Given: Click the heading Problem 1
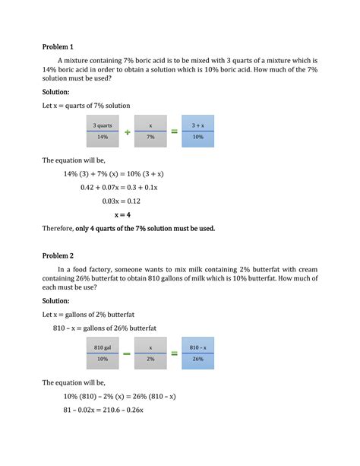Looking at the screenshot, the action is pos(58,46).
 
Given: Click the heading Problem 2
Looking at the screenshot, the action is pos(58,256).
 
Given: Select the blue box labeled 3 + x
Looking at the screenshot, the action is pos(197,131).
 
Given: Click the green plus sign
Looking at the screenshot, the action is pos(127,132).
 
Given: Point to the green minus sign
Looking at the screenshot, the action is pos(127,353).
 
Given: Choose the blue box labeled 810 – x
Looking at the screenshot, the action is pos(197,353).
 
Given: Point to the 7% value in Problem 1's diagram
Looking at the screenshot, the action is pos(150,137).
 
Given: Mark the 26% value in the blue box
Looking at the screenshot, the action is pos(197,359).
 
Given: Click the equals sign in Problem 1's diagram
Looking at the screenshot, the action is pos(174,132).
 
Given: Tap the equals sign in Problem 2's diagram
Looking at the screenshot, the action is pos(174,353).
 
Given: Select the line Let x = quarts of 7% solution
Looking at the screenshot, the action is pos(86,105).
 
